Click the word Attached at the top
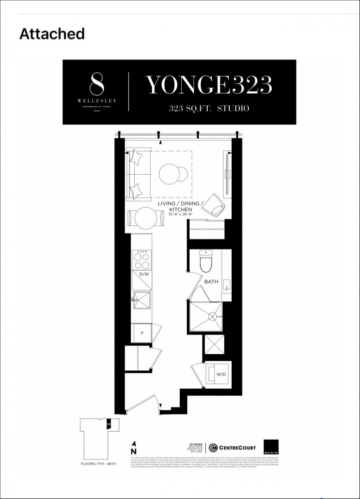click(52, 34)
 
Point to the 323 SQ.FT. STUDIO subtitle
click(208, 108)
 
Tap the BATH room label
click(211, 282)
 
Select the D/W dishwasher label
click(144, 274)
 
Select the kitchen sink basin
click(142, 301)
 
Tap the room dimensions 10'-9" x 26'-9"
click(174, 215)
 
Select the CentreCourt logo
click(232, 447)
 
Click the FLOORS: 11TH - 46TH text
click(98, 464)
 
